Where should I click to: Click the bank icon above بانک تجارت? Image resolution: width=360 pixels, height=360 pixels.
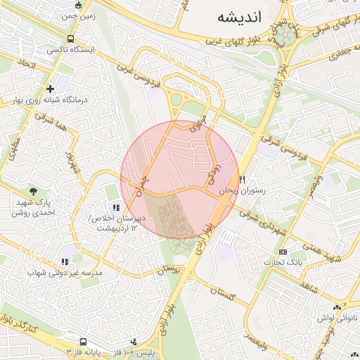click(x=283, y=252)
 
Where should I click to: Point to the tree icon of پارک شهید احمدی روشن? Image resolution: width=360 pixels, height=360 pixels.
click(x=33, y=191)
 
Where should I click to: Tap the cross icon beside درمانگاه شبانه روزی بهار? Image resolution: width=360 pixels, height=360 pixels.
click(x=51, y=89)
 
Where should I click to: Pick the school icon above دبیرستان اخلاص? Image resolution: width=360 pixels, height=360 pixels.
click(x=116, y=207)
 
